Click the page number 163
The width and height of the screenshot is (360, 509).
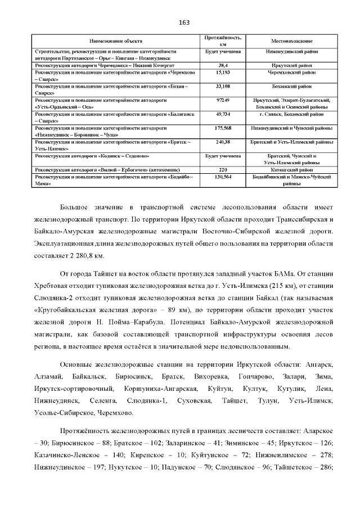(x=184, y=22)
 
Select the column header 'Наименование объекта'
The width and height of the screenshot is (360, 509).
(x=116, y=41)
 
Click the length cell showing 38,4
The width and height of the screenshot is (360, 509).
(x=222, y=65)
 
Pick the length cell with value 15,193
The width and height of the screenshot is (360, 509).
(x=222, y=73)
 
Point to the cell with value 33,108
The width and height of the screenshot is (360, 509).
(x=222, y=87)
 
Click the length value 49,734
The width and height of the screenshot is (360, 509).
(x=222, y=114)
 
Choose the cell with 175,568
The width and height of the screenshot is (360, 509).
(x=222, y=128)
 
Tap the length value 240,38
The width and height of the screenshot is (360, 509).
(x=222, y=141)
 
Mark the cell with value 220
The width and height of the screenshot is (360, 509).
(x=222, y=169)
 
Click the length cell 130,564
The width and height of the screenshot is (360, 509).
(x=222, y=176)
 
